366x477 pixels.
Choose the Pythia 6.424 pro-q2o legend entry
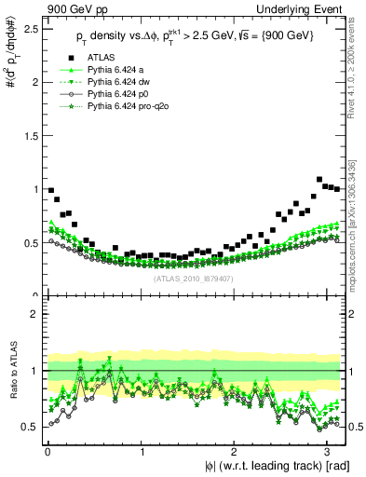point(129,108)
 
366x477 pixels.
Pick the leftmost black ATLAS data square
point(51,190)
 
